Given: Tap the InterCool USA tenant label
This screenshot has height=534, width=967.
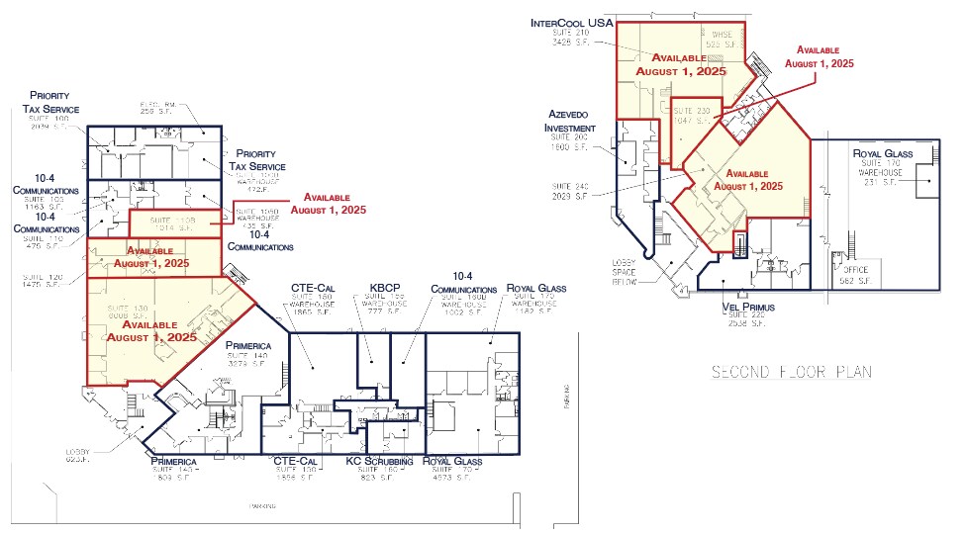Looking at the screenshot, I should coord(572,22).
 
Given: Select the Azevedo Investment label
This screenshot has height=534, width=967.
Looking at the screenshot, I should coord(569,122).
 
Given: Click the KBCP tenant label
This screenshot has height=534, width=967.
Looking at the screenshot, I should coord(382,288).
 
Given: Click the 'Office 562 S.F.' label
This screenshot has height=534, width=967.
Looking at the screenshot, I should coord(856,275).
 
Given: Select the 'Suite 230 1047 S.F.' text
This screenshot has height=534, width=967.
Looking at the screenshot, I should coord(690,115).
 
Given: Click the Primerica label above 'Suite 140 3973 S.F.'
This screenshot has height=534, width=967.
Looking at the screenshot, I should coord(247,345).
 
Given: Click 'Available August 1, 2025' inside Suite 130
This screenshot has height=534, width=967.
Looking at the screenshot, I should coord(151,330).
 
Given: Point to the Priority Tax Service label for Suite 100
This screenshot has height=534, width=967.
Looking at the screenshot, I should coord(53,102).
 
